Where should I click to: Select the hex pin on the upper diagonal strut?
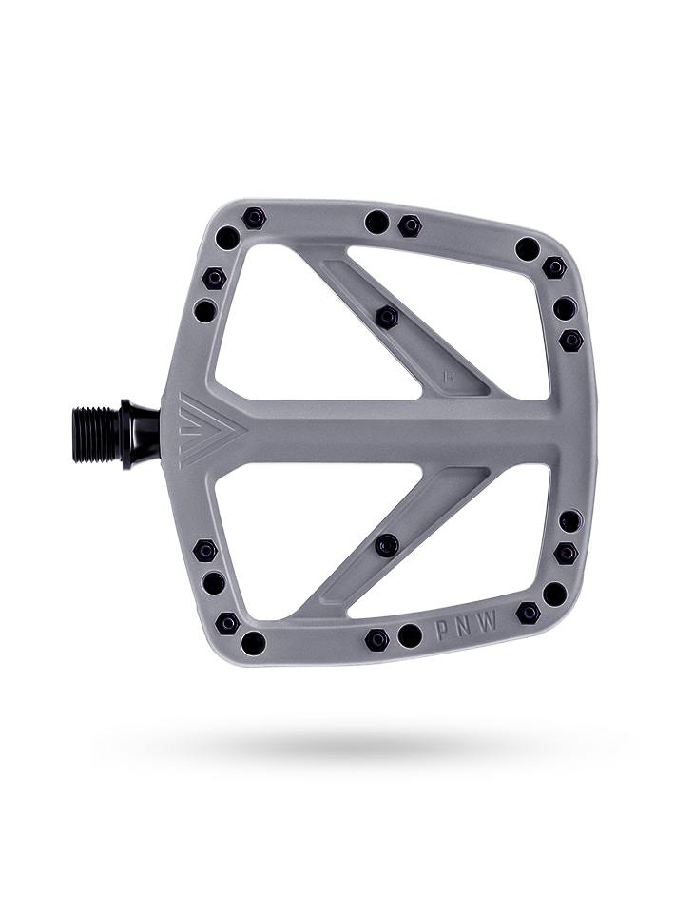pos(386,315)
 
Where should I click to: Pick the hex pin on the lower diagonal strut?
pos(386,545)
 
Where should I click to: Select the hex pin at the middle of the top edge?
pos(411,225)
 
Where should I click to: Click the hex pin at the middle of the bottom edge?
pos(377,639)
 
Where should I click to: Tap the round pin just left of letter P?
pos(410,634)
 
